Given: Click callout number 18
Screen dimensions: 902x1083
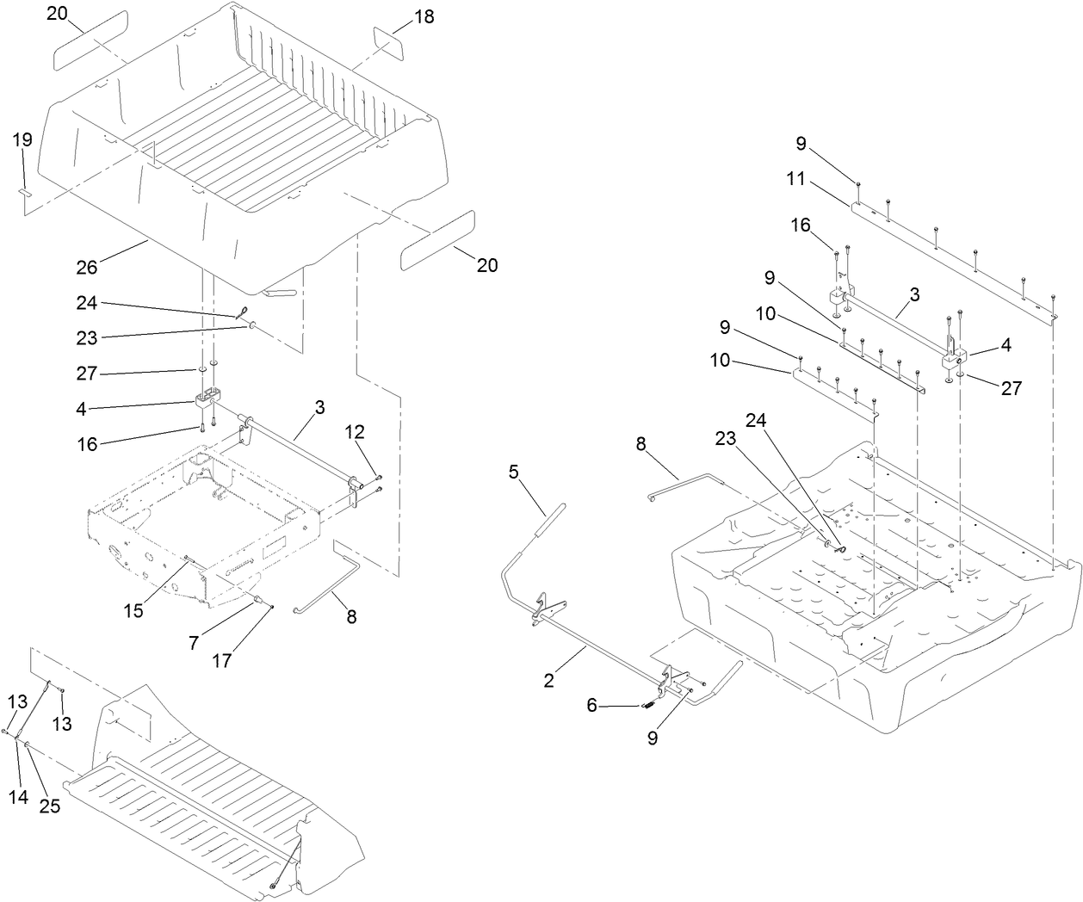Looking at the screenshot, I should click(424, 16).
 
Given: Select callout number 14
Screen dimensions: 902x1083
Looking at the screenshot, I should click(19, 796).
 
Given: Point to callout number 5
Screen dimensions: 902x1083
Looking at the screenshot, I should click(514, 472).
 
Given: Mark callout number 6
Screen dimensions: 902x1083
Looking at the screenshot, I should click(591, 704).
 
